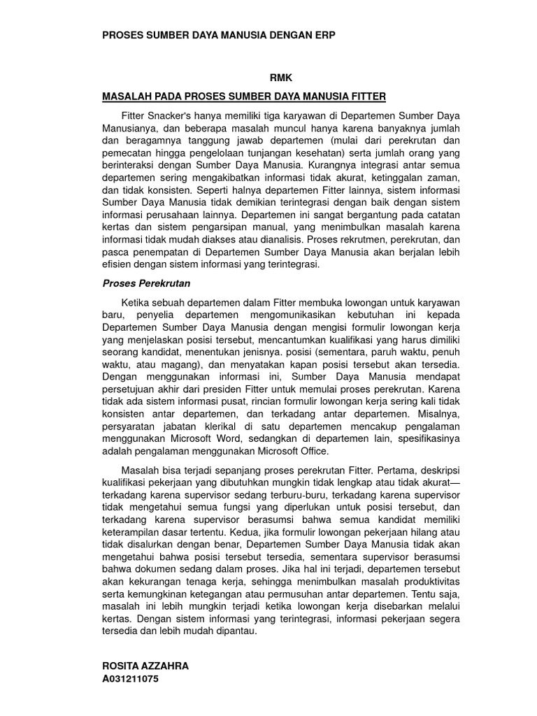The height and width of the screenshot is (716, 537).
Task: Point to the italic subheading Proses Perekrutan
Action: (146, 283)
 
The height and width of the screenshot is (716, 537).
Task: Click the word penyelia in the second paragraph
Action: (152, 315)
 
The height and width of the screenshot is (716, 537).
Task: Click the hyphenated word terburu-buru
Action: (267, 494)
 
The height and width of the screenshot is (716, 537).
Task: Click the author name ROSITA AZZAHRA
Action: (145, 666)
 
